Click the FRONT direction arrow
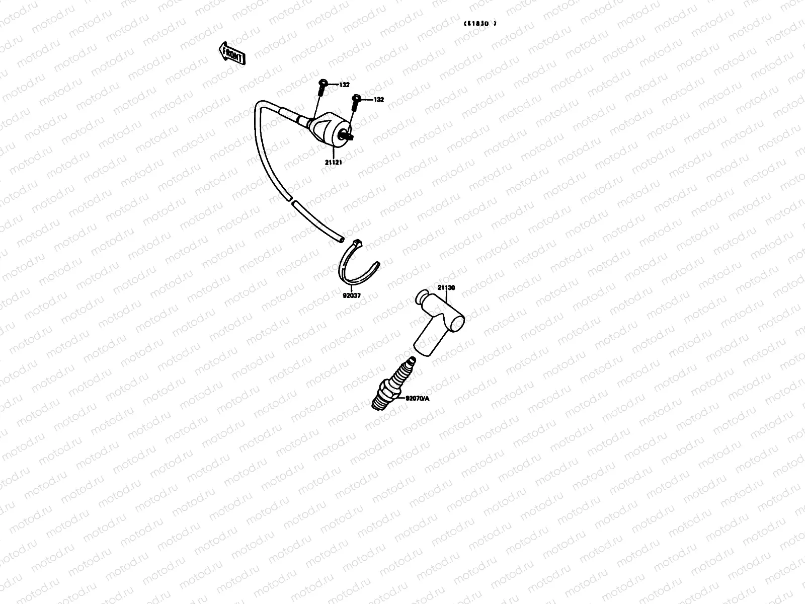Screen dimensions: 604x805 [x=232, y=53]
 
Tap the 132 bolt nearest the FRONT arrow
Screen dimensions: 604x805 [x=324, y=87]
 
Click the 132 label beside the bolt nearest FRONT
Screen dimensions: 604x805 [x=344, y=85]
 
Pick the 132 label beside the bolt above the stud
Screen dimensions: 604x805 [x=378, y=100]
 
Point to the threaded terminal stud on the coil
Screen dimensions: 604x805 [x=347, y=135]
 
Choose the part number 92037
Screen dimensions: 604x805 [x=352, y=295]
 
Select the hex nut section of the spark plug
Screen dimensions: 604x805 [x=388, y=390]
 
